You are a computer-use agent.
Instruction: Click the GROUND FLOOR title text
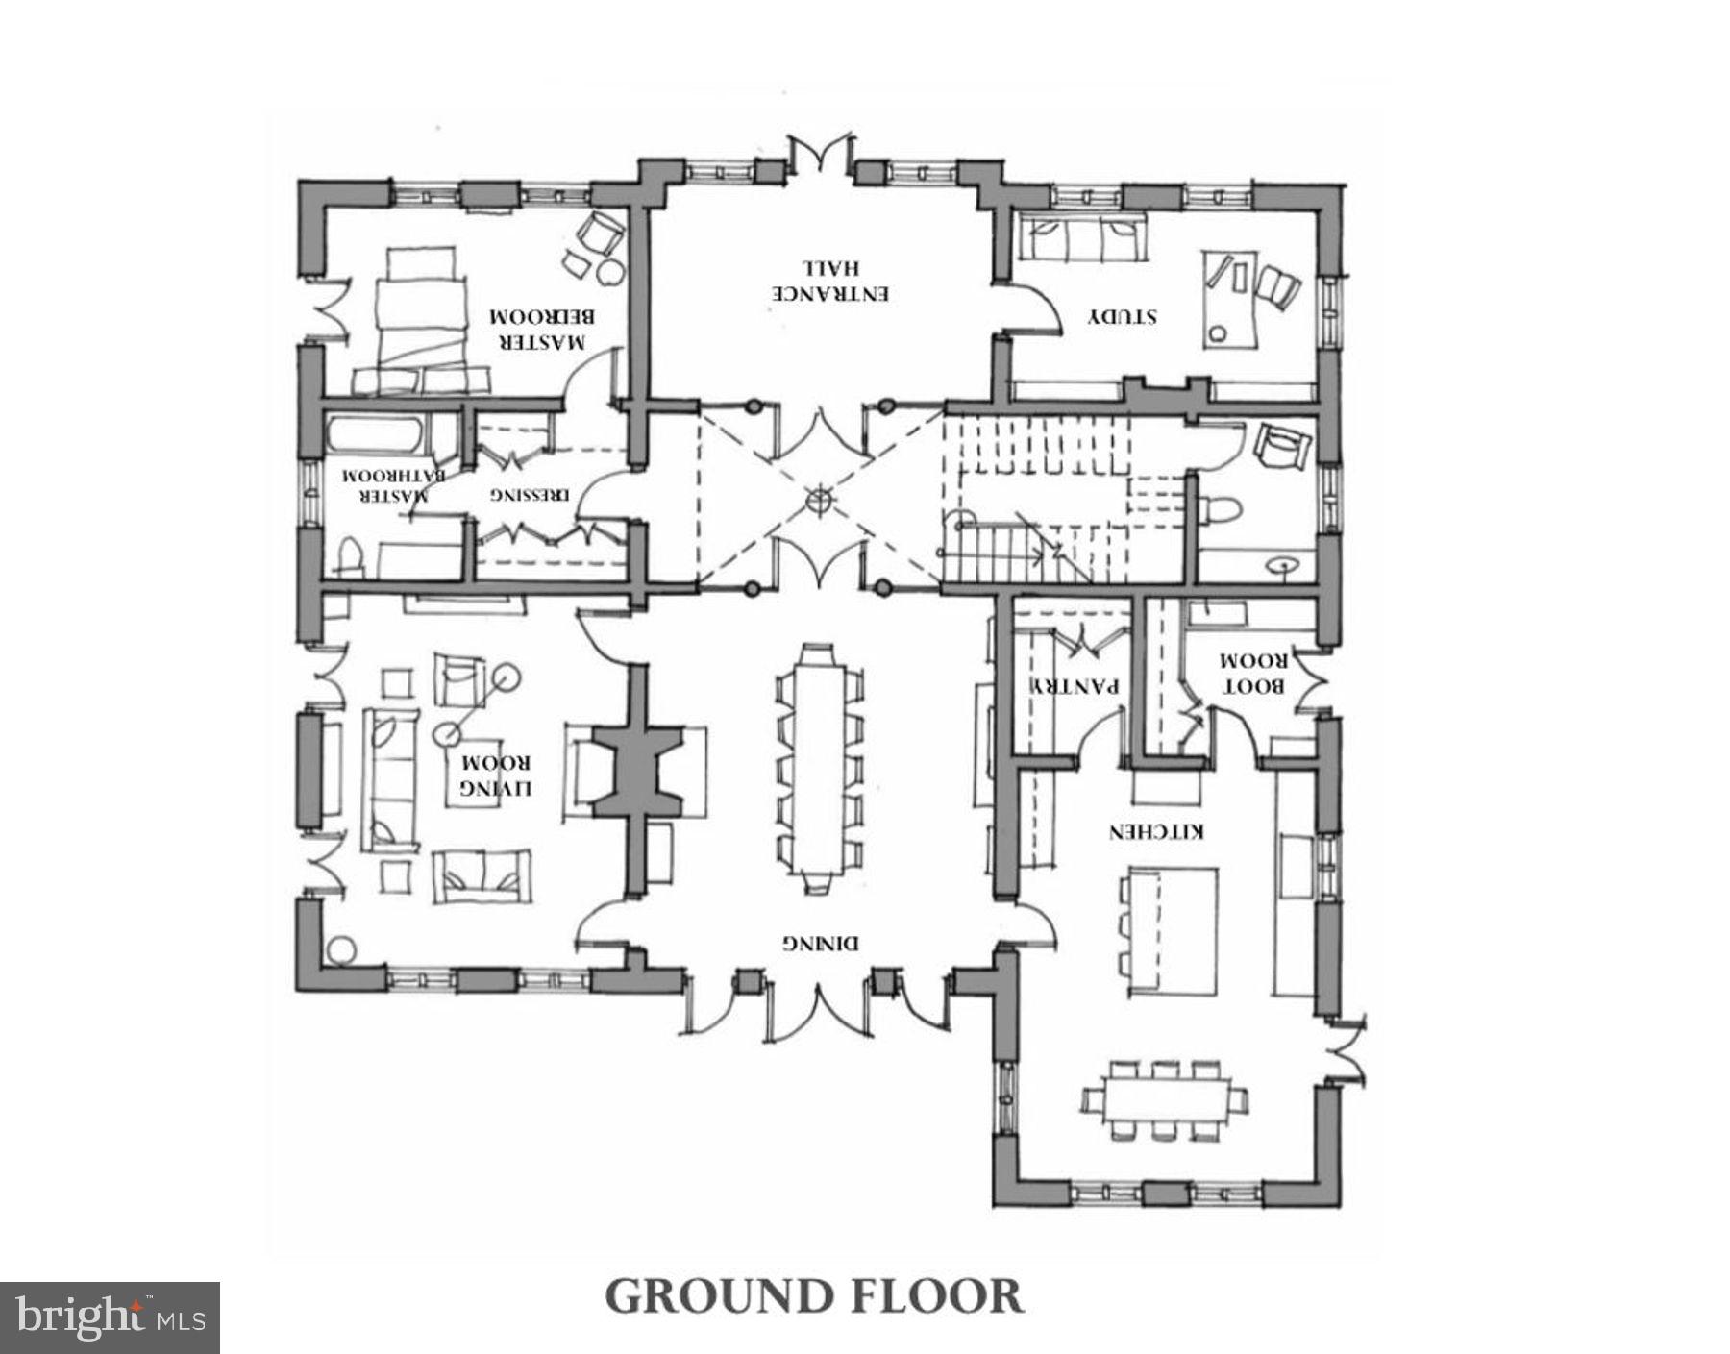point(814,1296)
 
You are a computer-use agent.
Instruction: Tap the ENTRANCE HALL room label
point(832,281)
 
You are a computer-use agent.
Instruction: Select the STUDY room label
point(1122,316)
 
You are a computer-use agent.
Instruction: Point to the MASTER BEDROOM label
point(538,330)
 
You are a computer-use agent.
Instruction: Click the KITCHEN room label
point(1156,832)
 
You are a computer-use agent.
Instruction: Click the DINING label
point(820,943)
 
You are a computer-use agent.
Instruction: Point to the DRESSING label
point(530,496)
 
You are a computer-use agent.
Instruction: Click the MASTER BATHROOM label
point(388,486)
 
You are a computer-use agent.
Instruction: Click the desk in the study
point(1228,299)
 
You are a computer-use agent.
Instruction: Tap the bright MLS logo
point(110,1317)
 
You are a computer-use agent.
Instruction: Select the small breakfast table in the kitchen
point(1165,1099)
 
